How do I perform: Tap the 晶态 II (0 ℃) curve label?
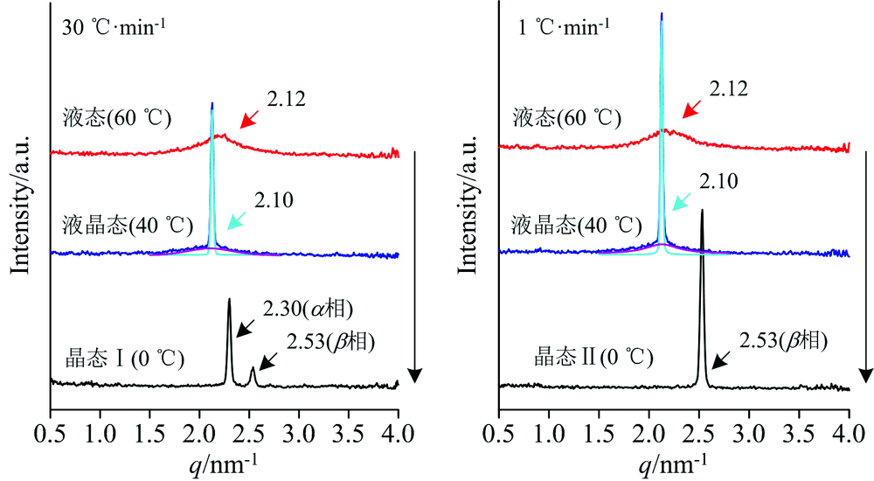point(572,358)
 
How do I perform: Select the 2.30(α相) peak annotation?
point(308,308)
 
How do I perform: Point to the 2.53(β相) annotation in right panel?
point(782,341)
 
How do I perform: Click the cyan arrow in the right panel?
point(682,203)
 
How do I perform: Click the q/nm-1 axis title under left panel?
point(225,461)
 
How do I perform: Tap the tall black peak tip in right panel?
point(701,211)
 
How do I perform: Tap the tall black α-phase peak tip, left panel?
point(229,300)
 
